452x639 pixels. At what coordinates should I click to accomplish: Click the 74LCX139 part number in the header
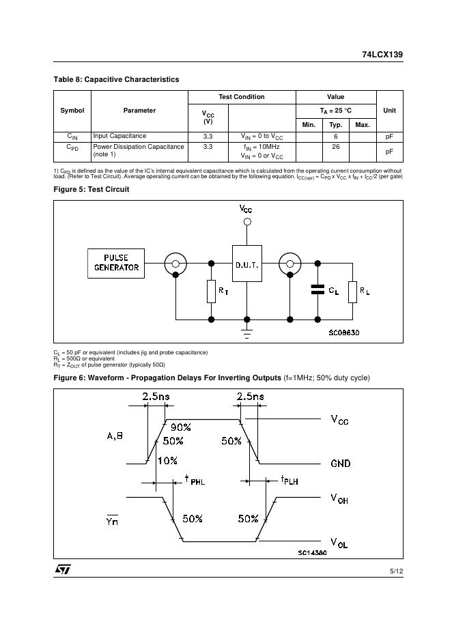click(x=382, y=55)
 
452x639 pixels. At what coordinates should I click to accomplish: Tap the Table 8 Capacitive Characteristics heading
click(x=116, y=80)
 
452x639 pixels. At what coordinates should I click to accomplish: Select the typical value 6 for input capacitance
click(x=336, y=137)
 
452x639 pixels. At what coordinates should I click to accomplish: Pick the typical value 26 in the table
click(x=336, y=147)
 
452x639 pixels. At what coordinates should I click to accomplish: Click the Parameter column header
click(x=139, y=111)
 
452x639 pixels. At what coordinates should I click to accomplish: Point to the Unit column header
click(x=389, y=111)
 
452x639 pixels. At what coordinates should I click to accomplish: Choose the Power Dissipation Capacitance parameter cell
click(x=139, y=151)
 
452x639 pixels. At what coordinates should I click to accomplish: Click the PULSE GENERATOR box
click(x=117, y=263)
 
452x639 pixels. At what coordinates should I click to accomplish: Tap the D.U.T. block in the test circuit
click(x=246, y=264)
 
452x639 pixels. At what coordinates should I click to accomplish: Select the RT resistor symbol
click(x=211, y=291)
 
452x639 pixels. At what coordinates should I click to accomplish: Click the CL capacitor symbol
click(x=317, y=290)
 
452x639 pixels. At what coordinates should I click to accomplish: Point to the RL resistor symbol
click(x=353, y=291)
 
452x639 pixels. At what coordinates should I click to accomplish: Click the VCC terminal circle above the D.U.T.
click(x=246, y=222)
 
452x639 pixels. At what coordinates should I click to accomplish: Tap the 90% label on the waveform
click(x=180, y=427)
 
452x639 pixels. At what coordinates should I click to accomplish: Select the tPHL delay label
click(x=195, y=481)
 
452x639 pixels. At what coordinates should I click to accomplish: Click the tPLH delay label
click(x=289, y=481)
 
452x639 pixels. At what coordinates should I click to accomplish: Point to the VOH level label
click(x=339, y=499)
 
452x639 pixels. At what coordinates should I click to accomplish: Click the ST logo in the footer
click(x=63, y=569)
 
